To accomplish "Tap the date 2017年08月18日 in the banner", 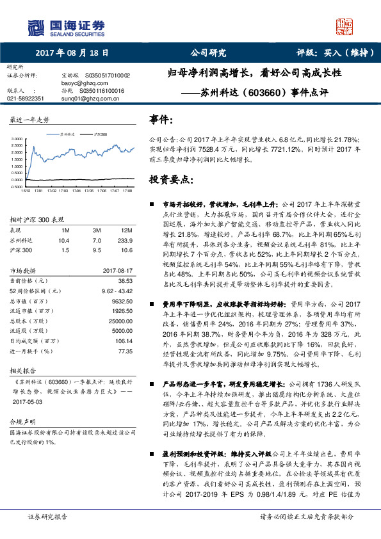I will click(x=72, y=54).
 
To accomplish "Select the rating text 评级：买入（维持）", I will click(x=334, y=54).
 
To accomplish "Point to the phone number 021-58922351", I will click(x=26, y=99).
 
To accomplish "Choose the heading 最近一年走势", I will click(x=29, y=120).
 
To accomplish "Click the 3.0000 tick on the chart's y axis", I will click(x=18, y=138).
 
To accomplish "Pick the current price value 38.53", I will click(x=124, y=280).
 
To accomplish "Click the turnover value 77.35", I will click(x=124, y=351).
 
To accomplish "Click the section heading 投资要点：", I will click(x=168, y=179).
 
